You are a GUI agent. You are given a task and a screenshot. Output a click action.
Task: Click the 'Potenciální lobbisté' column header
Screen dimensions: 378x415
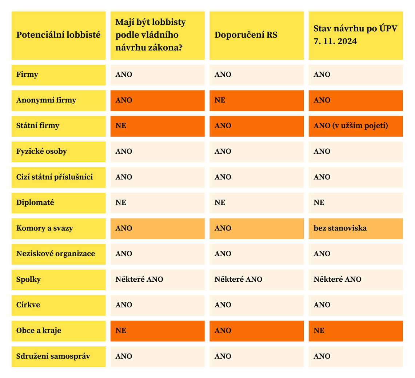[x=58, y=35]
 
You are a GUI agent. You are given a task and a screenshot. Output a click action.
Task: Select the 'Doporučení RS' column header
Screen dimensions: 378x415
[x=246, y=35]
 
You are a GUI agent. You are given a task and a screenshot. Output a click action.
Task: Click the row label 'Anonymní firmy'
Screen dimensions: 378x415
[x=46, y=100]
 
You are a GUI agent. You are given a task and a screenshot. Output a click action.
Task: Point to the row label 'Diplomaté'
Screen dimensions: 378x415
[x=35, y=203]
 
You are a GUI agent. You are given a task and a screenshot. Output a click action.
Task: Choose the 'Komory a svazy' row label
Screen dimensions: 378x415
[x=44, y=229]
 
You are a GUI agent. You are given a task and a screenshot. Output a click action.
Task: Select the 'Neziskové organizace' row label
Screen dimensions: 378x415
[x=56, y=254]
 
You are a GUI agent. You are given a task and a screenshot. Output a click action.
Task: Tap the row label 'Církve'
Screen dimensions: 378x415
[x=28, y=305]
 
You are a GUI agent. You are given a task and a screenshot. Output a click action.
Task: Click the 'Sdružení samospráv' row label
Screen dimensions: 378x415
[x=53, y=357]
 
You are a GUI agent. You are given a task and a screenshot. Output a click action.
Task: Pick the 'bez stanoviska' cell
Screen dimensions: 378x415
[x=340, y=229]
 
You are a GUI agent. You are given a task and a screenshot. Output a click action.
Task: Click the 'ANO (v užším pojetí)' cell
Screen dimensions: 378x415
[x=351, y=126]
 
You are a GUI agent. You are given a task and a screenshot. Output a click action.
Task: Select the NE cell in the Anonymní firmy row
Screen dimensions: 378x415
[x=220, y=100]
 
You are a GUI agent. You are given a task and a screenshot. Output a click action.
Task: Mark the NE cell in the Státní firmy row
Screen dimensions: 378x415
[x=121, y=126]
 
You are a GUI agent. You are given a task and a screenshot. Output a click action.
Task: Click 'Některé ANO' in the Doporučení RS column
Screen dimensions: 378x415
[x=238, y=280]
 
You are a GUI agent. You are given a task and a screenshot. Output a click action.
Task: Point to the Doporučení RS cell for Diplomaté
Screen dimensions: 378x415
[x=220, y=203]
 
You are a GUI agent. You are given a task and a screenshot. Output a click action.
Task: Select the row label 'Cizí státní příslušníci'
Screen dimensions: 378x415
[x=55, y=177]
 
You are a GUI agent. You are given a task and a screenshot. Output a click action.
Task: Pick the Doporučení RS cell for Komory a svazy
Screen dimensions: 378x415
[x=223, y=229]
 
